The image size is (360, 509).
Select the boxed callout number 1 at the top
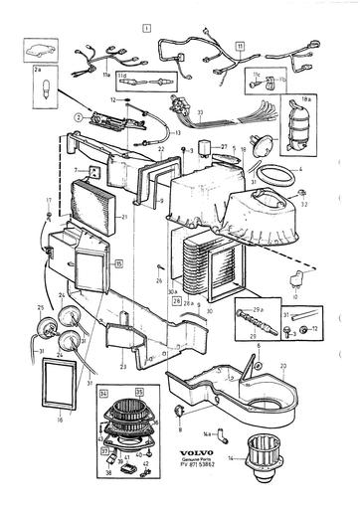(146, 29)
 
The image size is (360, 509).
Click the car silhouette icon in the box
(39, 52)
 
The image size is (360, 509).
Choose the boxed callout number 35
(139, 394)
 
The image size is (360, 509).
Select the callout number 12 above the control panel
(114, 100)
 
